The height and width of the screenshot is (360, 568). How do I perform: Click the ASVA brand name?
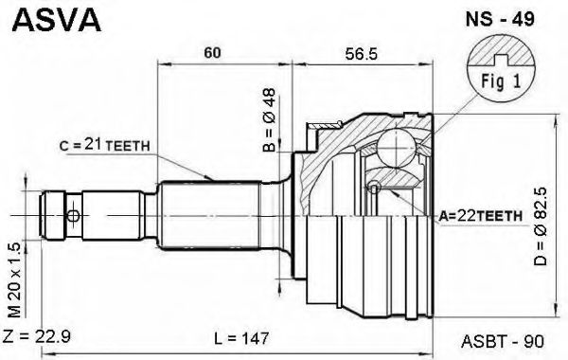(57, 20)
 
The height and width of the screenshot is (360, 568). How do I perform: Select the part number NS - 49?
(500, 19)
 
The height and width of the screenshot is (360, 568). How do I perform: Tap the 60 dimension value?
(212, 53)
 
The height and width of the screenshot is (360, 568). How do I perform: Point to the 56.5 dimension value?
(362, 54)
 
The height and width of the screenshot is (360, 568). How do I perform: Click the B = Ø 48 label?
(270, 120)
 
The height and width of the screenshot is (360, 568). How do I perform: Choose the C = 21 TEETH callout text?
(105, 145)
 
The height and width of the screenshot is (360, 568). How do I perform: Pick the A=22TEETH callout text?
(481, 216)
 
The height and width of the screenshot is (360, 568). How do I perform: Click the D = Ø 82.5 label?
(541, 225)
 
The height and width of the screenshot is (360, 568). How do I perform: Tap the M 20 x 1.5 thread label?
(15, 280)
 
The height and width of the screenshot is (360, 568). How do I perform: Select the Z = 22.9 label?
(37, 337)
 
